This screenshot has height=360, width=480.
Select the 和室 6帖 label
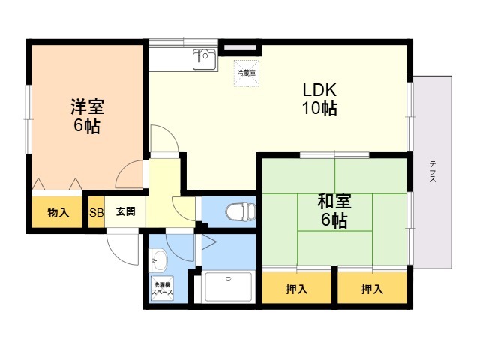[334, 211]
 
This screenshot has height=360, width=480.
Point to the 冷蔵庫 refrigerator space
[247, 73]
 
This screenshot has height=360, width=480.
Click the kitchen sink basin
[204, 58]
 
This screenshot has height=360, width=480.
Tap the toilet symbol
[238, 211]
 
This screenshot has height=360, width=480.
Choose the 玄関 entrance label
[125, 211]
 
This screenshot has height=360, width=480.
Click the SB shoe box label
[96, 211]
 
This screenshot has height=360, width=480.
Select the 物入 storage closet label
[58, 212]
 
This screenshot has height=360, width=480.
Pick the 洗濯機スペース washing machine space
[163, 289]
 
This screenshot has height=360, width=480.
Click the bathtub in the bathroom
[229, 287]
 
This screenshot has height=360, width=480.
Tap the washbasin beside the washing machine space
[160, 261]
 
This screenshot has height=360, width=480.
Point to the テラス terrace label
[433, 173]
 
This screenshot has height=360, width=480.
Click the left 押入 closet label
[295, 288]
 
